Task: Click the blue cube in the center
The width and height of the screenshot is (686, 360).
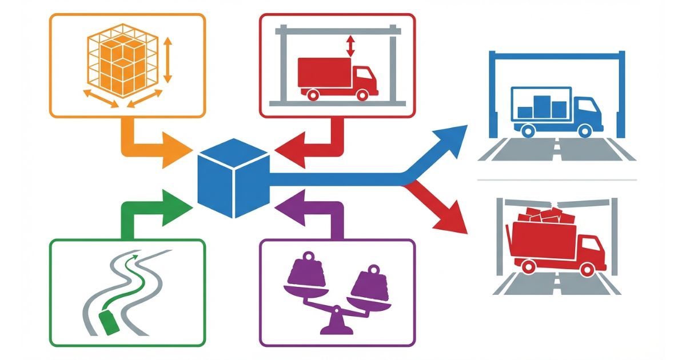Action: (x=233, y=178)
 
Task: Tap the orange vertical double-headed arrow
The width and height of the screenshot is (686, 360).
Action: (x=167, y=59)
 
